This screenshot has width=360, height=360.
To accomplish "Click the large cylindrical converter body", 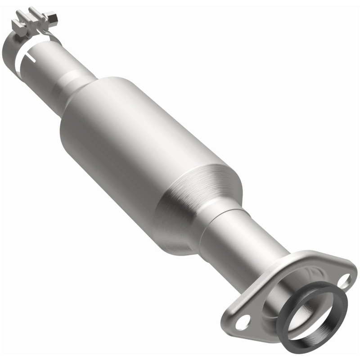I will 144,148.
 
